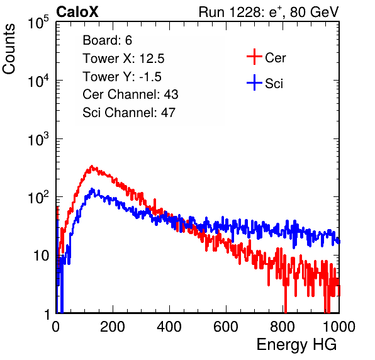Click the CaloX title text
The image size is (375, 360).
click(77, 12)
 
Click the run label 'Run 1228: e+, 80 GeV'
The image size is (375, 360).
click(269, 12)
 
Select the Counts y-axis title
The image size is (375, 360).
click(9, 49)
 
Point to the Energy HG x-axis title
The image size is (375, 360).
click(296, 345)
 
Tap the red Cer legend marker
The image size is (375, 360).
click(254, 57)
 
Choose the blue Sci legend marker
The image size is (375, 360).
click(254, 82)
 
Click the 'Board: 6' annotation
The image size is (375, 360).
click(108, 40)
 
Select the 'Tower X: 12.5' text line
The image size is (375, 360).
click(123, 59)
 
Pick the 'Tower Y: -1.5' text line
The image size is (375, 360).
click(122, 77)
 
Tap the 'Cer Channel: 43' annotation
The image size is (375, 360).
click(130, 94)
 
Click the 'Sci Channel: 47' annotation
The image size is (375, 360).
click(129, 113)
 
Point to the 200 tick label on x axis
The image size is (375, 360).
click(113, 327)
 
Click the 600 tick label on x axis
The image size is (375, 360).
click(226, 327)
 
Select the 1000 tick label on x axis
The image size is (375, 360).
click(339, 327)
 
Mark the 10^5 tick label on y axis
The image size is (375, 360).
click(38, 23)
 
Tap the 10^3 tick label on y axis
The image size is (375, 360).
click(38, 139)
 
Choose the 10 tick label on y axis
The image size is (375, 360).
click(42, 256)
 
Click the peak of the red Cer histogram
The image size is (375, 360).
click(91, 166)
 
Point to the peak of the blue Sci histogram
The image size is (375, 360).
click(92, 189)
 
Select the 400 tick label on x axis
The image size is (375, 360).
click(169, 327)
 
